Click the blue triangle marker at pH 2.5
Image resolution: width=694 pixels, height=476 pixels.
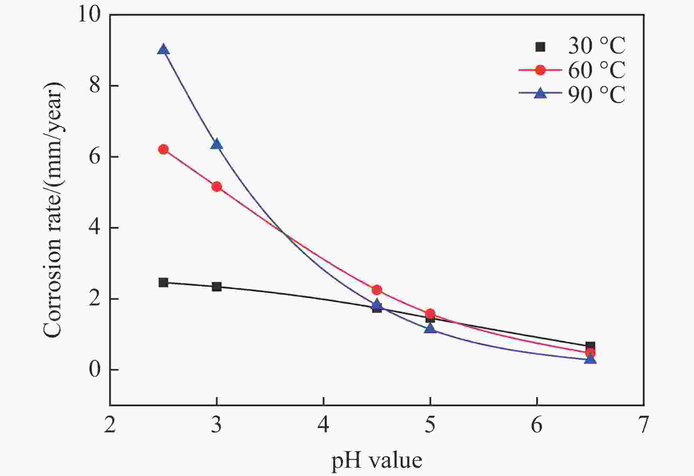pyautogui.click(x=163, y=50)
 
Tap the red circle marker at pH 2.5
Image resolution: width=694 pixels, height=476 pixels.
pyautogui.click(x=163, y=150)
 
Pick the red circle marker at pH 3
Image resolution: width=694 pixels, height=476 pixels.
pyautogui.click(x=217, y=187)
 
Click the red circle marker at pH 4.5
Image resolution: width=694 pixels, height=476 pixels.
pyautogui.click(x=377, y=290)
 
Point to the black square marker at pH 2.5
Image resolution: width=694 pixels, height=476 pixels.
pyautogui.click(x=163, y=282)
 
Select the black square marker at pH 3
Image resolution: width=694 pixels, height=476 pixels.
pyautogui.click(x=217, y=287)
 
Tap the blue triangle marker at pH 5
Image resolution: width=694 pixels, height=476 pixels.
pyautogui.click(x=430, y=329)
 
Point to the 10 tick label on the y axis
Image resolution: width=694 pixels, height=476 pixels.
pyautogui.click(x=90, y=15)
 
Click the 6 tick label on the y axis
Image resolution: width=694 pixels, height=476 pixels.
pyautogui.click(x=95, y=157)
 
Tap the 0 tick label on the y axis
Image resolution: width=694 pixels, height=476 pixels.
pyautogui.click(x=95, y=370)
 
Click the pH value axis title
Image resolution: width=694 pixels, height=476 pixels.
pyautogui.click(x=377, y=460)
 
